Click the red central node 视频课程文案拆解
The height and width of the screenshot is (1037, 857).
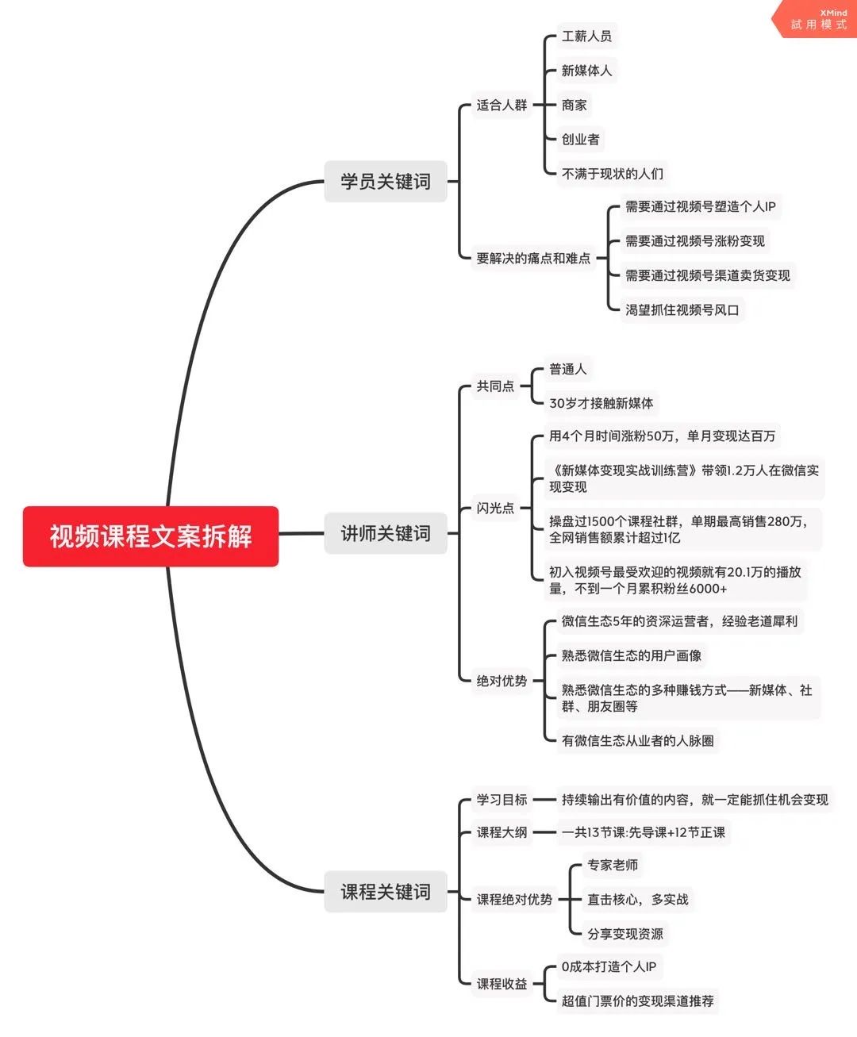tap(151, 536)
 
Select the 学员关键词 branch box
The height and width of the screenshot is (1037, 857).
tap(386, 181)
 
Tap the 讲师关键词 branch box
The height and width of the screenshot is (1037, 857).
tap(386, 533)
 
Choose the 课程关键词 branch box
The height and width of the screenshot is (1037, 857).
tap(386, 892)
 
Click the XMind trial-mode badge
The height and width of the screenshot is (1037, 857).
tap(816, 19)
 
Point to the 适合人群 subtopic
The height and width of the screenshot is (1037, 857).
tap(502, 105)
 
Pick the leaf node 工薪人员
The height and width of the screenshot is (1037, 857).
tap(586, 36)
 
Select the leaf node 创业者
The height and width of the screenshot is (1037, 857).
tap(580, 139)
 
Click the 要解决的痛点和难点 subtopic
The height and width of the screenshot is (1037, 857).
tap(533, 258)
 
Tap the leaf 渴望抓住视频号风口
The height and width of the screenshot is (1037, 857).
tap(682, 310)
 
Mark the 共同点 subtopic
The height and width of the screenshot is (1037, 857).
tap(495, 386)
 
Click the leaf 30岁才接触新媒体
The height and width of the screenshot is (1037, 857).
tap(601, 403)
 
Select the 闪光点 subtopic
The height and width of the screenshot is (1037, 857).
tap(495, 508)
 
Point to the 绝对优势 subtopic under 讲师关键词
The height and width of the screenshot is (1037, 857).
tap(502, 681)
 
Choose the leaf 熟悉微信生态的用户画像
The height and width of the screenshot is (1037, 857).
tap(632, 655)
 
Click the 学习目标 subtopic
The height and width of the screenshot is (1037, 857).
tap(502, 800)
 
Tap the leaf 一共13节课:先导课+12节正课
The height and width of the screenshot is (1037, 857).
tap(644, 832)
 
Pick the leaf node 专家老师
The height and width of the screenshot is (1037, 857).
tap(613, 865)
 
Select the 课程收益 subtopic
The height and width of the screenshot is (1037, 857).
tap(502, 983)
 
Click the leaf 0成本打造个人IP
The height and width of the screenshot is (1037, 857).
tap(609, 966)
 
